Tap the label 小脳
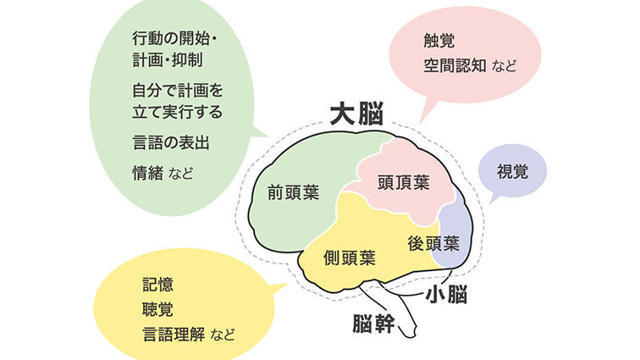pyautogui.click(x=446, y=294)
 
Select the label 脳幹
pyautogui.click(x=373, y=324)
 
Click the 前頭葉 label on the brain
pyautogui.click(x=293, y=192)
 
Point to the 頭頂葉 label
pyautogui.click(x=403, y=182)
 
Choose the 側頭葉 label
pyautogui.click(x=350, y=258)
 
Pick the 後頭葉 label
pyautogui.click(x=433, y=244)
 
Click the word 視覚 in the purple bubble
pyautogui.click(x=512, y=172)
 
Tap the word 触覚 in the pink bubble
pyautogui.click(x=439, y=41)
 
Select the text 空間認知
pyautogui.click(x=455, y=65)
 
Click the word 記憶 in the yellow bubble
pyautogui.click(x=158, y=285)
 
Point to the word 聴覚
pyautogui.click(x=158, y=309)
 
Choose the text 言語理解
pyautogui.click(x=174, y=335)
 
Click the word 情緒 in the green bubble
pyautogui.click(x=148, y=174)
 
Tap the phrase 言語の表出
pyautogui.click(x=171, y=143)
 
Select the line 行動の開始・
pyautogui.click(x=174, y=39)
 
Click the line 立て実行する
pyautogui.click(x=178, y=113)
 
